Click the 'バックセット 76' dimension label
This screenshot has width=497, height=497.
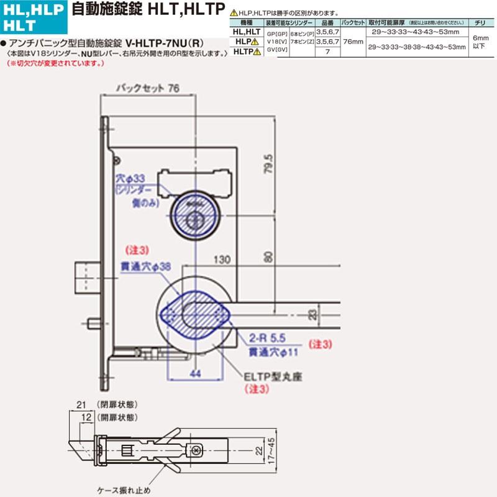(x=148, y=89)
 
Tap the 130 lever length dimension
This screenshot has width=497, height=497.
(x=221, y=258)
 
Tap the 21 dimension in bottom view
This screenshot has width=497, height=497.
(x=80, y=405)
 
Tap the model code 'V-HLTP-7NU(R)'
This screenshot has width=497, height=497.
(x=162, y=45)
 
